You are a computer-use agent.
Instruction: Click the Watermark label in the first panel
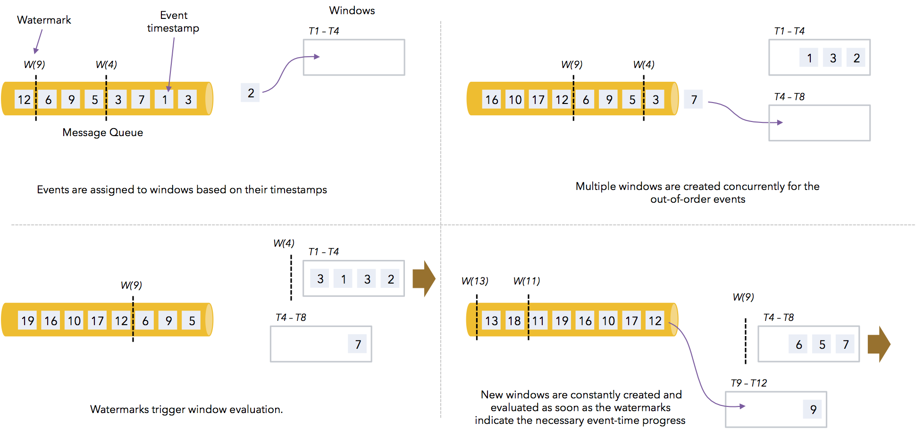pos(44,20)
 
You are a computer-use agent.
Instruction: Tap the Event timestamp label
pos(173,22)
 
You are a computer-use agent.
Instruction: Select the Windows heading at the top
pos(352,10)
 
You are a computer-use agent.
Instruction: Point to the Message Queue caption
pos(102,132)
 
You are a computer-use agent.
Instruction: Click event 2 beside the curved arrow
pos(251,93)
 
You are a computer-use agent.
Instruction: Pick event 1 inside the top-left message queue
pos(165,100)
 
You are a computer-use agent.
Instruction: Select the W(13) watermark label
pos(475,281)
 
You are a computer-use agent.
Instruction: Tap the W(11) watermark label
pos(527,281)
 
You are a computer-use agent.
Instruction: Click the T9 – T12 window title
pos(748,383)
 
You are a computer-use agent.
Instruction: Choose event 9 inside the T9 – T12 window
pos(813,409)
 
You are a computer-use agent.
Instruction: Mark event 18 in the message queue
pos(514,321)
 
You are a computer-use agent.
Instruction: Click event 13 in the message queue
pos(491,321)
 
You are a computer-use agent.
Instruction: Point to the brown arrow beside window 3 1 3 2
pos(423,278)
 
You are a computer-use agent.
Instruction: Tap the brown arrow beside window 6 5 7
pos(878,344)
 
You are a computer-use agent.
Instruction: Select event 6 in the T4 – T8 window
pos(798,345)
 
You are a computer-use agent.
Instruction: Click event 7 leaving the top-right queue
pos(694,100)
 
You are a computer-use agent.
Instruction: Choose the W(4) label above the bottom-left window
pos(284,243)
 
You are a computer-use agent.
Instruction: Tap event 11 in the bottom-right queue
pos(538,321)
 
